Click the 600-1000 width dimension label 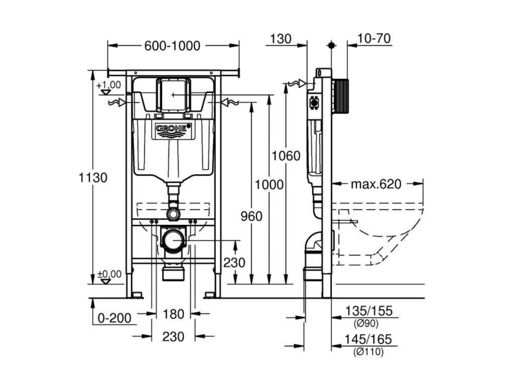172,46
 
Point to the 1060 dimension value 286,155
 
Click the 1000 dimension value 270,184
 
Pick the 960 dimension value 251,216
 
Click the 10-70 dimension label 375,39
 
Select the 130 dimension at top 281,39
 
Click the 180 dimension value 174,314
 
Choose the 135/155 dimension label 369,312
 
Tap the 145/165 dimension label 369,340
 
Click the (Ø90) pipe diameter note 366,323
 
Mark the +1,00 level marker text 109,85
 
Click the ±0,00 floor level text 109,274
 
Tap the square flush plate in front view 173,94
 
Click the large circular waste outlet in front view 173,240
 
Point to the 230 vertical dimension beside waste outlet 234,262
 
